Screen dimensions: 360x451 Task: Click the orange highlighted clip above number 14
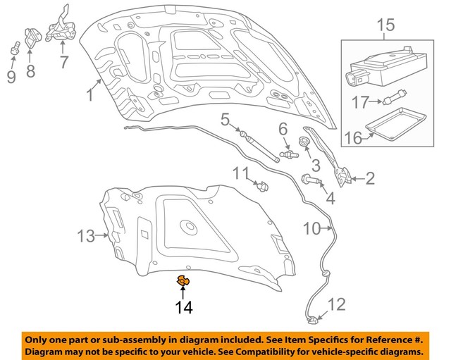click(x=183, y=282)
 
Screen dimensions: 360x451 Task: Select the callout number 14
click(x=183, y=307)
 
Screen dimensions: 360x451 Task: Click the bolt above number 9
click(x=13, y=49)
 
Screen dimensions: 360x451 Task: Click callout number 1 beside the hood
click(x=90, y=94)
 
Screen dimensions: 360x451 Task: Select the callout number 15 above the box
click(x=385, y=27)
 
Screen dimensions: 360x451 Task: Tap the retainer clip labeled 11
click(x=263, y=186)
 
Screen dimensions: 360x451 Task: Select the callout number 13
click(x=85, y=237)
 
